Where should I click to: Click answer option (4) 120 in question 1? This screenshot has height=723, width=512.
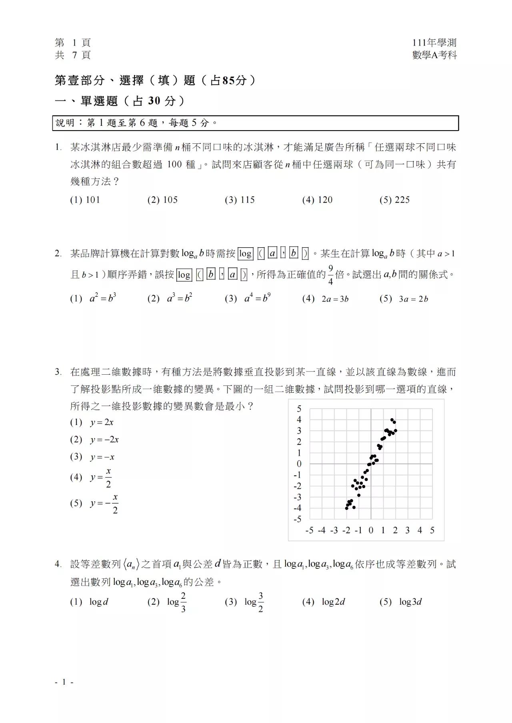tap(317, 200)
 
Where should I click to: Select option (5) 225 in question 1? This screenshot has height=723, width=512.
tap(394, 200)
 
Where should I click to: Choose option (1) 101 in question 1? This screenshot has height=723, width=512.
tap(85, 200)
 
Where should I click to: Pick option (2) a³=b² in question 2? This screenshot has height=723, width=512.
tap(170, 298)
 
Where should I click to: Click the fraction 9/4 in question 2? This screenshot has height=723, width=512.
tap(330, 275)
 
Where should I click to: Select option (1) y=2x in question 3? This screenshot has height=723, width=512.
tap(92, 422)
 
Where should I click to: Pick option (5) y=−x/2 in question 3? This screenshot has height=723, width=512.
tap(94, 503)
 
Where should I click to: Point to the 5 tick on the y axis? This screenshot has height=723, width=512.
tap(299, 409)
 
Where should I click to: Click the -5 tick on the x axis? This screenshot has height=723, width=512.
tap(309, 530)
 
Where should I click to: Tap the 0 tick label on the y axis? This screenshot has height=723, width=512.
tap(299, 464)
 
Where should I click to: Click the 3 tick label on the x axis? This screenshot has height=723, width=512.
tap(407, 530)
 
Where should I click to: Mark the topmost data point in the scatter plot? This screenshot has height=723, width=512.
tap(392, 420)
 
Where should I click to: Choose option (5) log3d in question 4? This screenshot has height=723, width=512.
tap(401, 602)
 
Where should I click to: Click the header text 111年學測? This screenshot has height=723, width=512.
tap(434, 43)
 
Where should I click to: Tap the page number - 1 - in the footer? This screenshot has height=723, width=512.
tap(64, 682)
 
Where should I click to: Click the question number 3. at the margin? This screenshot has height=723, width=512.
tap(58, 372)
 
